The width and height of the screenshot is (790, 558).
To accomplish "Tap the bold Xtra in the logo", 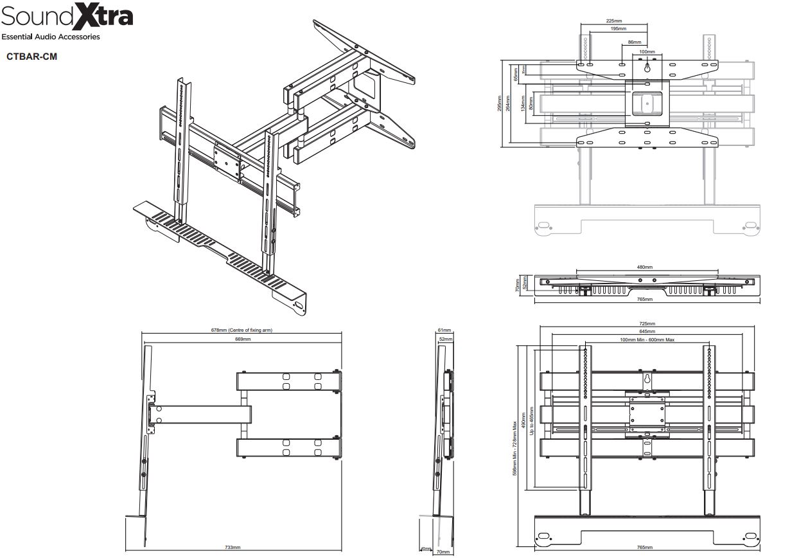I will point(103,15).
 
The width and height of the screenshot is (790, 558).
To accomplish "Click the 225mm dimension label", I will point(613,21).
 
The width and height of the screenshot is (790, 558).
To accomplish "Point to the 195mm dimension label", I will point(619,29).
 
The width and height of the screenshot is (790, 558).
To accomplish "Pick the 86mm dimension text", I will point(634,42).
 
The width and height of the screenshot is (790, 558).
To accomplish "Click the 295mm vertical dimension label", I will point(500,104).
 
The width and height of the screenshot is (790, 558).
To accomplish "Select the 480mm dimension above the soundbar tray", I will point(644,267).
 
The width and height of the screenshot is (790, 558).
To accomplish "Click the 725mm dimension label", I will point(647,323).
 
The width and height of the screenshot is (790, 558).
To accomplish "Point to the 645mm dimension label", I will point(647,331).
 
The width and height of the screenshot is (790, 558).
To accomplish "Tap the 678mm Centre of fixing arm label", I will point(241,330).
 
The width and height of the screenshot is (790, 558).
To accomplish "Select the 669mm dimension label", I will point(243,338).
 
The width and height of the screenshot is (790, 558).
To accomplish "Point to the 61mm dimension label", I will point(444,330).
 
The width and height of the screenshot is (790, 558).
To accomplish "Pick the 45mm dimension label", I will point(425,548).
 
